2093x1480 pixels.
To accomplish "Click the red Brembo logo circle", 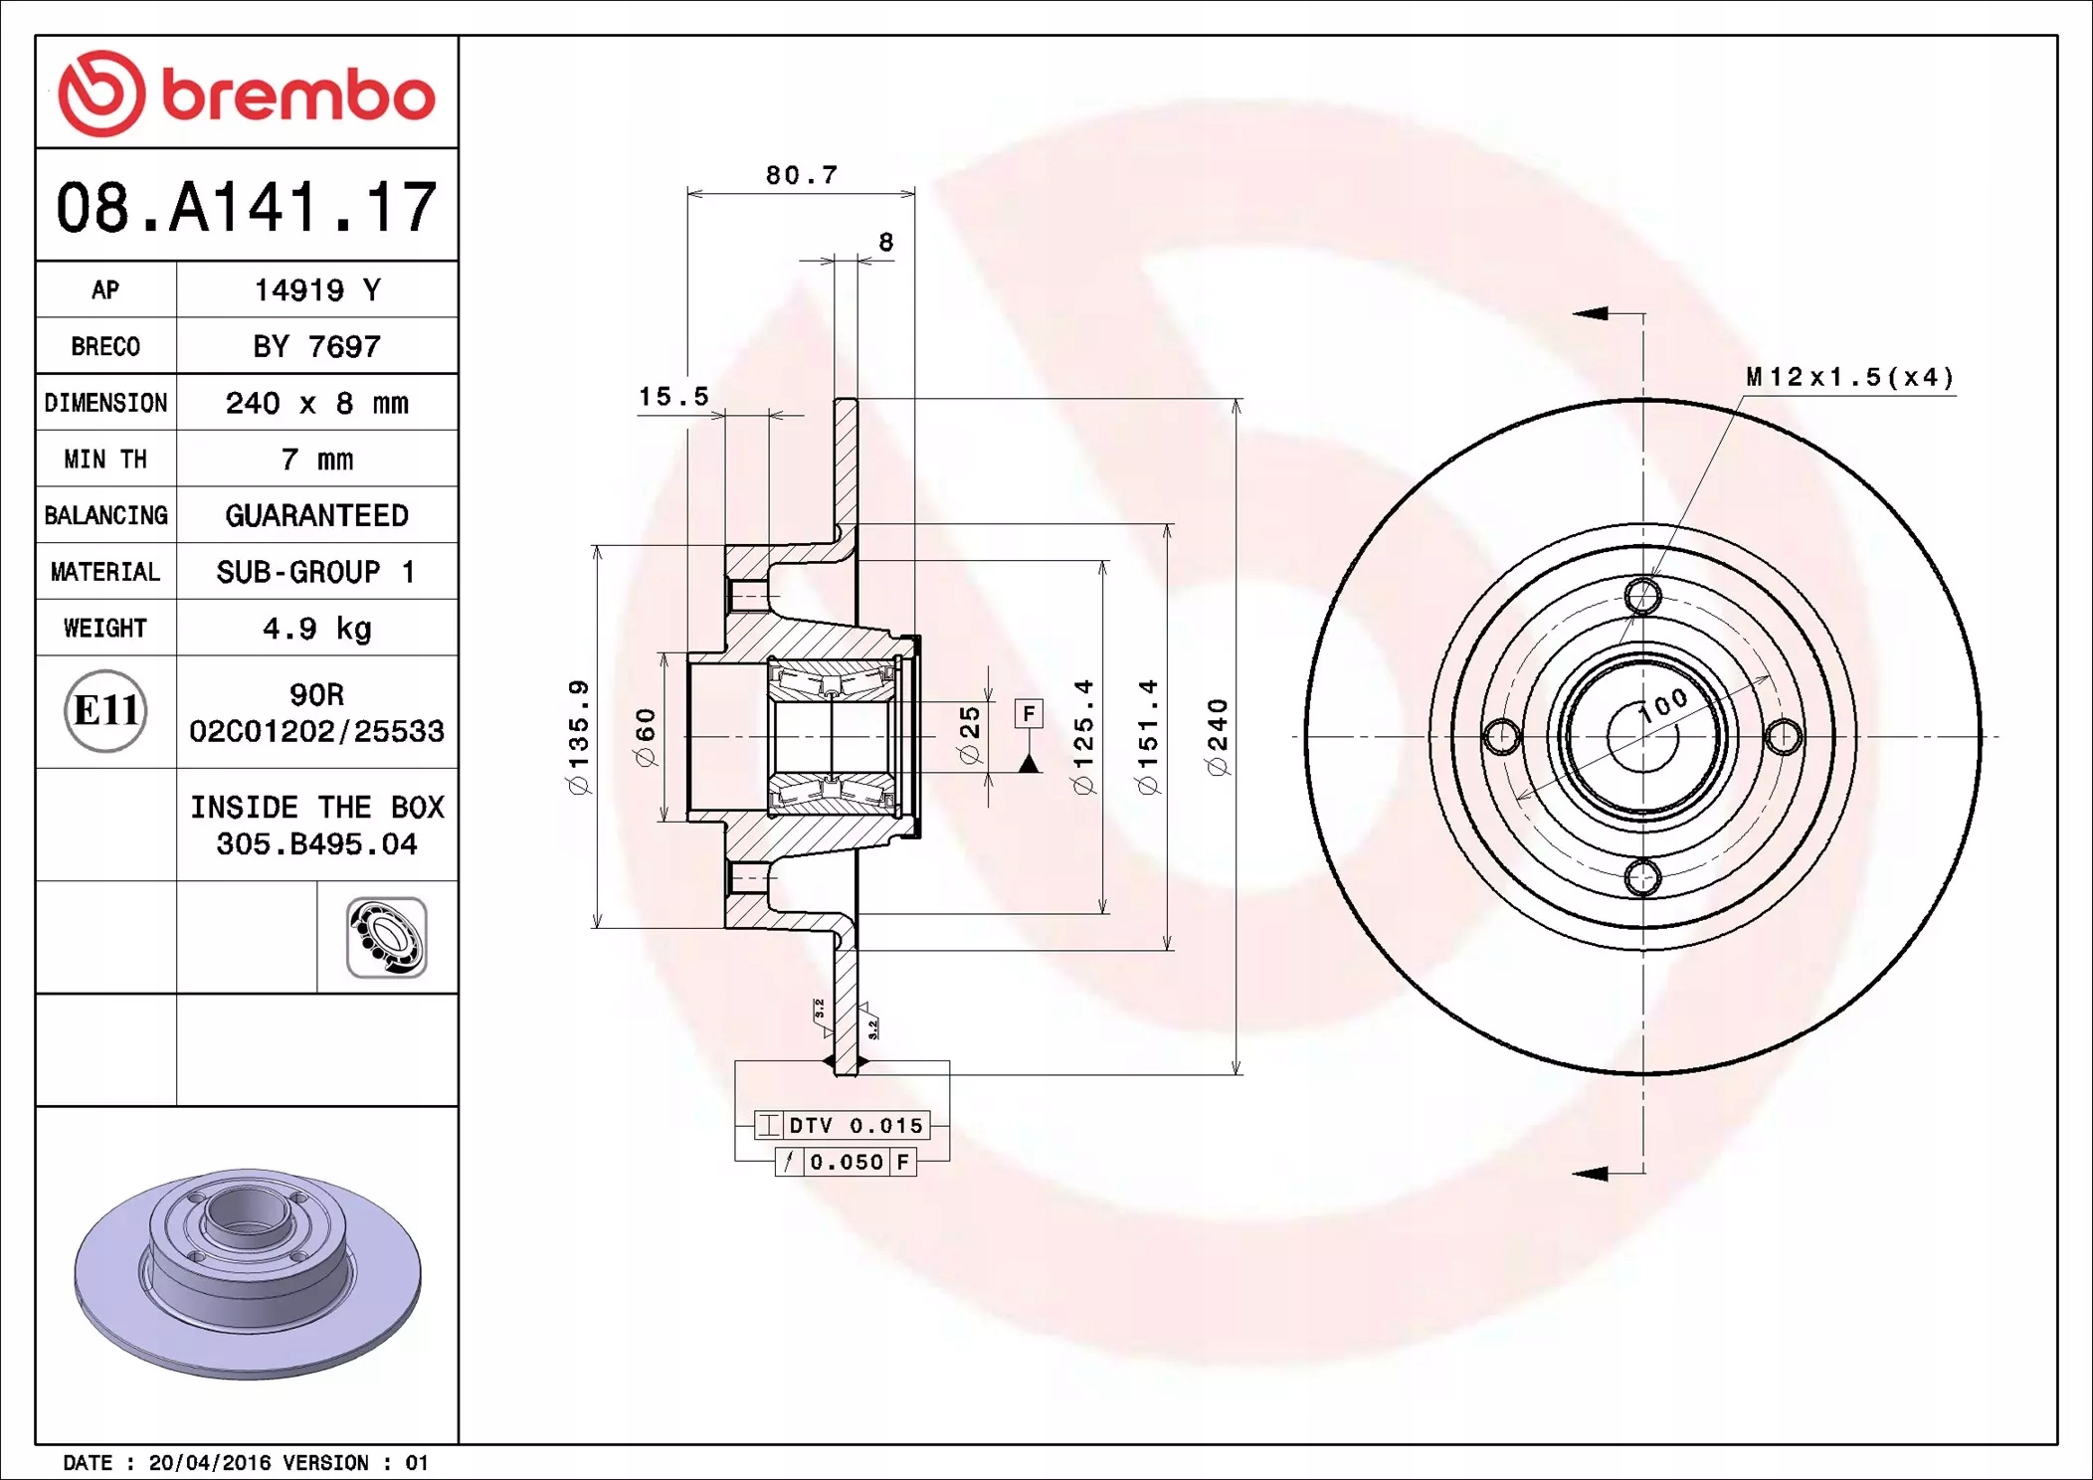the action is point(101,93).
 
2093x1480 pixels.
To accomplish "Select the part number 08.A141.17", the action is point(246,207).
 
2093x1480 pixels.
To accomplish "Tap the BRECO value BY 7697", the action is point(316,346).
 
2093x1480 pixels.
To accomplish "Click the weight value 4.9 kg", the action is point(316,628).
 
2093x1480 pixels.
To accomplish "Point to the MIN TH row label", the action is point(105,459).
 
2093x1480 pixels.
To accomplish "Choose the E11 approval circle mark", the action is point(105,710).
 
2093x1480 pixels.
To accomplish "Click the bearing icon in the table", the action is point(387,937).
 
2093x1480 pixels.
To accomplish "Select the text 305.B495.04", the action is point(316,843).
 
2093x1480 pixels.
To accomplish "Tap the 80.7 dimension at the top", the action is point(802,175).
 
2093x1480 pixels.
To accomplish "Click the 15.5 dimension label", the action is point(673,396).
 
